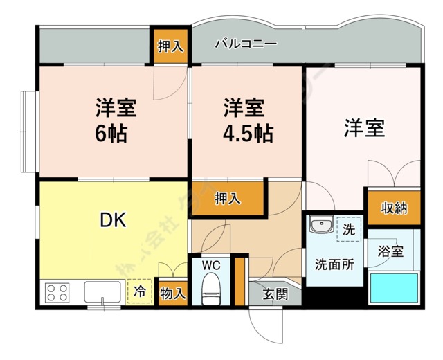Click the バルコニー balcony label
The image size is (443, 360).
(x=246, y=44)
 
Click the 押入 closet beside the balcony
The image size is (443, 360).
(x=170, y=47)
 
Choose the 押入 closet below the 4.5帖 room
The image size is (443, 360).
(x=228, y=198)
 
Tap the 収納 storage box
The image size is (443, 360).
(x=393, y=208)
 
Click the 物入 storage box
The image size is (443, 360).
(x=172, y=293)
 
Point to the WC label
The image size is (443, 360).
(x=211, y=265)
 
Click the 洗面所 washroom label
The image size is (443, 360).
(x=334, y=264)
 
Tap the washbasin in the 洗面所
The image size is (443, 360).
(x=320, y=226)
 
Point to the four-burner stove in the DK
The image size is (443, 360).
(x=57, y=292)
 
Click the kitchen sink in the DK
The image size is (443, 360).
(x=102, y=291)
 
